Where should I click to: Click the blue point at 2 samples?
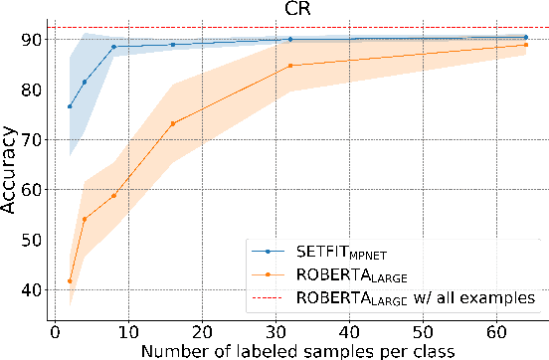point(70,106)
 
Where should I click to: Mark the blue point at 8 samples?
point(113,47)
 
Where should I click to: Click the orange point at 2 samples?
point(70,281)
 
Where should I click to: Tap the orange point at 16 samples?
point(172,123)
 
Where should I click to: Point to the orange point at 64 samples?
point(526,45)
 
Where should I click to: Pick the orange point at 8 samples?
point(113,195)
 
